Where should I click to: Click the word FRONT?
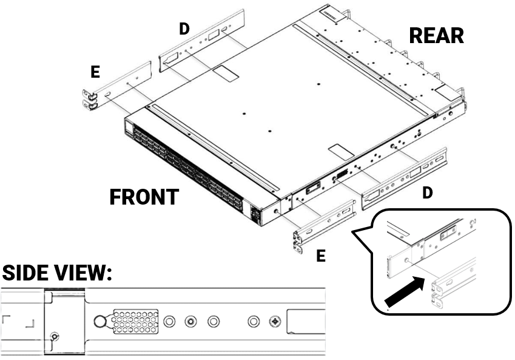point(144,197)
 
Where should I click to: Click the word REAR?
point(436,35)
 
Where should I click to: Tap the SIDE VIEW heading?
point(58,273)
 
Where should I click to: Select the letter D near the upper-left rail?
point(184,29)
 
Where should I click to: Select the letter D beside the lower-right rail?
point(428,193)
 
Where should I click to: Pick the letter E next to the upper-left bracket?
point(95,72)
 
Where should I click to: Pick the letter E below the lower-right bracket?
point(320,256)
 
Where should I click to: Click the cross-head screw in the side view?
point(277,321)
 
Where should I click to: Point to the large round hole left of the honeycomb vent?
point(101,321)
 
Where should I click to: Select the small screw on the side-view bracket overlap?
point(55,336)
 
